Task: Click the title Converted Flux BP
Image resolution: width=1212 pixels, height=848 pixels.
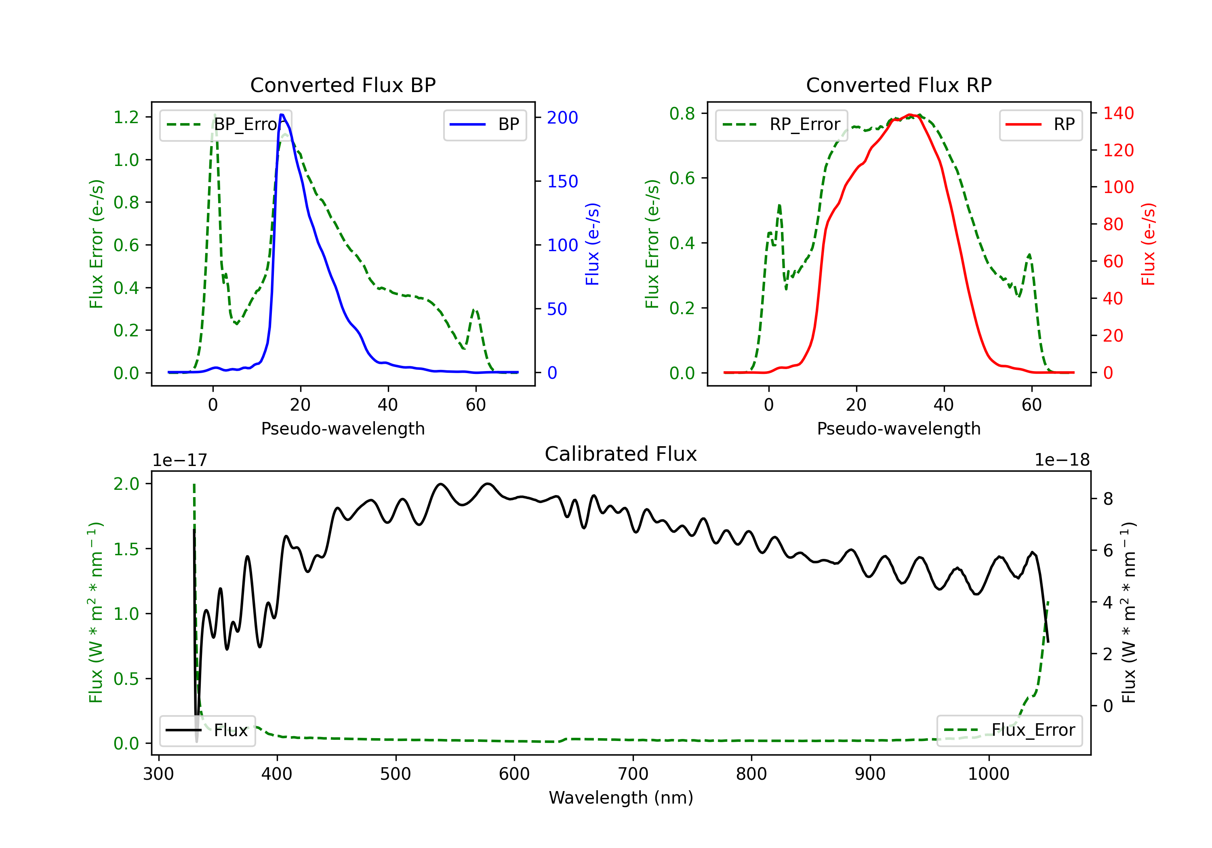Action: [343, 85]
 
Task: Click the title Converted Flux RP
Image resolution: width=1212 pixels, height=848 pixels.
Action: [898, 85]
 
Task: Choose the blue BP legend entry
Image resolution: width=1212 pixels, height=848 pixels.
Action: [484, 124]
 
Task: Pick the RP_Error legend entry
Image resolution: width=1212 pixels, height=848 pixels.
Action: [781, 124]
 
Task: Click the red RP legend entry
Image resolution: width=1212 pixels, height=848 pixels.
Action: [1040, 124]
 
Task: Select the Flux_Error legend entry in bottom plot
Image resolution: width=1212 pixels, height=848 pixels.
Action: [1009, 730]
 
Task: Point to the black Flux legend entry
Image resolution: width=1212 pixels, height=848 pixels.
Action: [207, 730]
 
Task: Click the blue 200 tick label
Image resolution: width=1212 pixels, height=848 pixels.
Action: [562, 117]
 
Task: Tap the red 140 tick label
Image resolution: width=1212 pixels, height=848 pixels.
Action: [1118, 113]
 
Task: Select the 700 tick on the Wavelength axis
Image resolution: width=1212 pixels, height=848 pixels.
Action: [633, 774]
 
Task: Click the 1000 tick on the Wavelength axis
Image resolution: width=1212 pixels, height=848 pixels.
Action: [989, 774]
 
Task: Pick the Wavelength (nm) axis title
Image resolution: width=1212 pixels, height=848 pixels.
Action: [621, 798]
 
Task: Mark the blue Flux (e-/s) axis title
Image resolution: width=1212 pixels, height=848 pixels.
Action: [592, 244]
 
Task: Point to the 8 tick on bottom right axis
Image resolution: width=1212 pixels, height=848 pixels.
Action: [1108, 499]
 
